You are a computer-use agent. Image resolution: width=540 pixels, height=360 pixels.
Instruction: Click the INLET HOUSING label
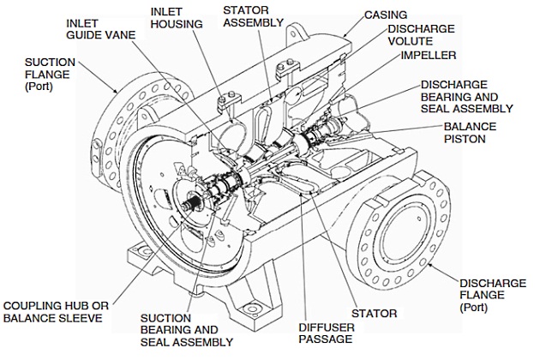point(177,18)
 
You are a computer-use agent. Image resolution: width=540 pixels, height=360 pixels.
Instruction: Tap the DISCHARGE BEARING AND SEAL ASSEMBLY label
point(466,96)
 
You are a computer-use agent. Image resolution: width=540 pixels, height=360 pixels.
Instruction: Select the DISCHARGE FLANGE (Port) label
point(491,293)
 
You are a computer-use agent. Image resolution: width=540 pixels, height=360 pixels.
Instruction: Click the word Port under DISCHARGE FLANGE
point(476,305)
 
